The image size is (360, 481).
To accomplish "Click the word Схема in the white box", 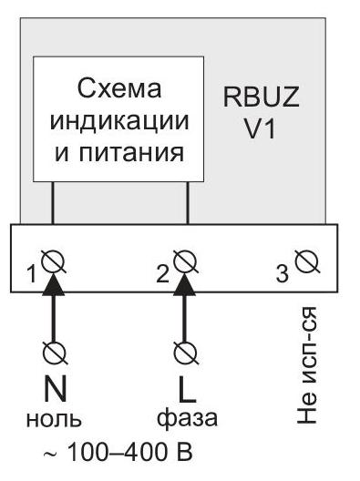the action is click(119, 89).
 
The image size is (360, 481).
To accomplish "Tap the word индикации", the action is click(119, 120).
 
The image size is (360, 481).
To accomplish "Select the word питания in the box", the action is click(131, 152).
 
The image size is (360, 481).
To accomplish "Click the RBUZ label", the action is click(261, 97).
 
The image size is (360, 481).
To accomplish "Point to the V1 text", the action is click(260, 128).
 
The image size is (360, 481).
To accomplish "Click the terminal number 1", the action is click(32, 274).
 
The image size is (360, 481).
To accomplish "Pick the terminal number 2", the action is click(162, 273).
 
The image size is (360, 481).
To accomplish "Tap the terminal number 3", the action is click(283, 273).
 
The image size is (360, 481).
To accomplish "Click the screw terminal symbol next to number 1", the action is click(53, 261).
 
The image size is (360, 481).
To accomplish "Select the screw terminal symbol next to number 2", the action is click(185, 261).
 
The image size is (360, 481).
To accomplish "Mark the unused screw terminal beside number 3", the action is click(307, 261).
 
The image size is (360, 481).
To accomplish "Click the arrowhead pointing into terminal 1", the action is click(54, 284).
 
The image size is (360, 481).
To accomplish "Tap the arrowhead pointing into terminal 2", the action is click(185, 284).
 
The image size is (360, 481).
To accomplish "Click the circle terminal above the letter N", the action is click(55, 353).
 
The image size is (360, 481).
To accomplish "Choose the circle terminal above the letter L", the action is click(185, 353).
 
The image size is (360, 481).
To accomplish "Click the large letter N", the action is click(55, 389).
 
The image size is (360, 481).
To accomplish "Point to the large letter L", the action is click(187, 389).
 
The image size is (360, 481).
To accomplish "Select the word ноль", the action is click(54, 419).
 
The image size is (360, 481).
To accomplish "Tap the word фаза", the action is click(187, 419).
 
